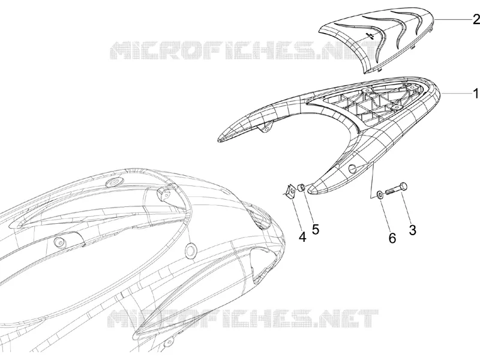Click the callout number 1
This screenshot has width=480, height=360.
pos(476,94)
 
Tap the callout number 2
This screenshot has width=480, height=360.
pos(476,20)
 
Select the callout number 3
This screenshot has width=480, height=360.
pos(413,230)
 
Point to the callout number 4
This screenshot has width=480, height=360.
pos(302,237)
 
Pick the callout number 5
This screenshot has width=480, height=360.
pos(316,229)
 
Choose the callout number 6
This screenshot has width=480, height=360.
pos(392,238)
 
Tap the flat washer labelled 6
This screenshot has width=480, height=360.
pos(379,194)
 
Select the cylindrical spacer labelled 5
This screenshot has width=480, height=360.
pos(301,187)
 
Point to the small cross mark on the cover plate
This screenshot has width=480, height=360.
pos(370,36)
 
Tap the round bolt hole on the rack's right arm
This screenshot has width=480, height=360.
pos(352,168)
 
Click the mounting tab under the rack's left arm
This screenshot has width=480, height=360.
pos(266,127)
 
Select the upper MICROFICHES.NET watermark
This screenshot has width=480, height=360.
pos(244,50)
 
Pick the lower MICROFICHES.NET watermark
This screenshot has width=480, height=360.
pos(244,318)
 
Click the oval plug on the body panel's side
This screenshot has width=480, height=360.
pos(190,250)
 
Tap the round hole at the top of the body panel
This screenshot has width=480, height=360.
pos(113,182)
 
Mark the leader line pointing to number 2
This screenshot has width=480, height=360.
pos(454,20)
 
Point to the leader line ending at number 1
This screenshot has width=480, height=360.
pos(457,94)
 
